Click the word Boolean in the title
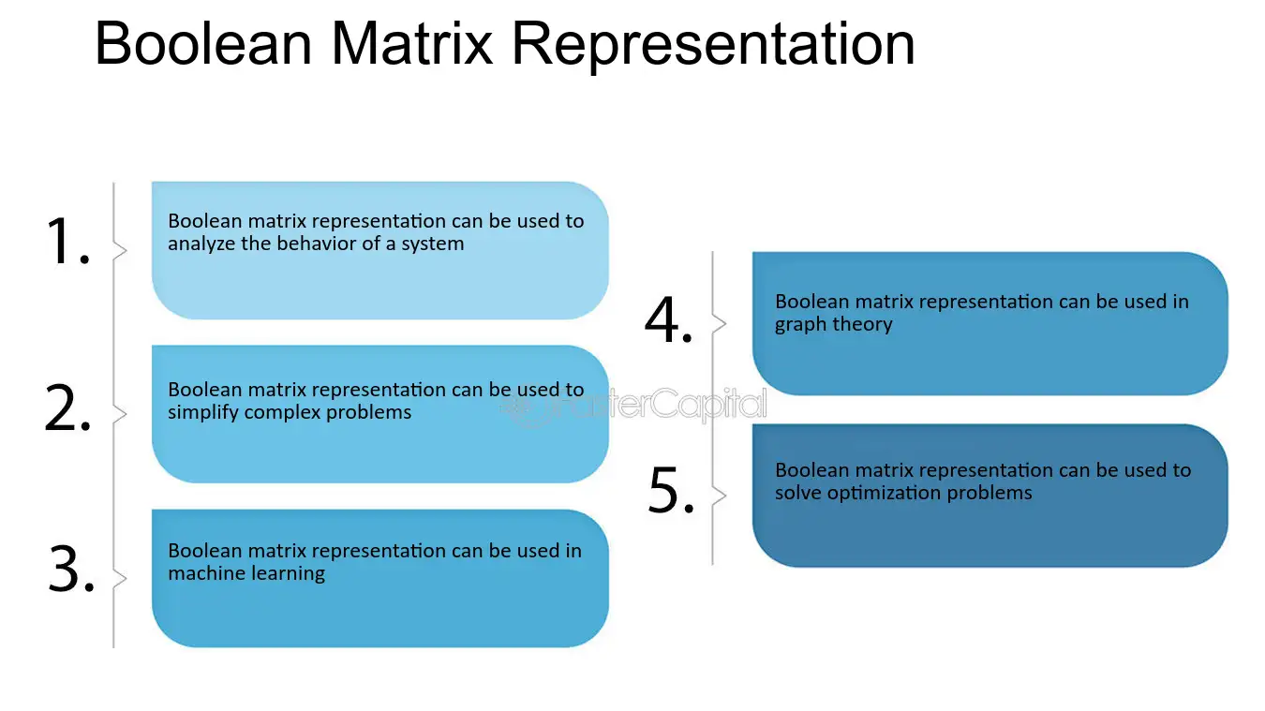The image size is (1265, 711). point(203,43)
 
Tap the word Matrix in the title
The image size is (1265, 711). point(411,43)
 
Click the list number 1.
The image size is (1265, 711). point(67,241)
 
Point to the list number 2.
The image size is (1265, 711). point(67,407)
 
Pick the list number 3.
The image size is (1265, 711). point(71,569)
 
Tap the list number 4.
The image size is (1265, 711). point(669,319)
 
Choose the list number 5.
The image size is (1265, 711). point(672,489)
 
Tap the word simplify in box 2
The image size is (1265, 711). point(203,413)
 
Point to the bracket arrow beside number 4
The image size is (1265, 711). point(719,323)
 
